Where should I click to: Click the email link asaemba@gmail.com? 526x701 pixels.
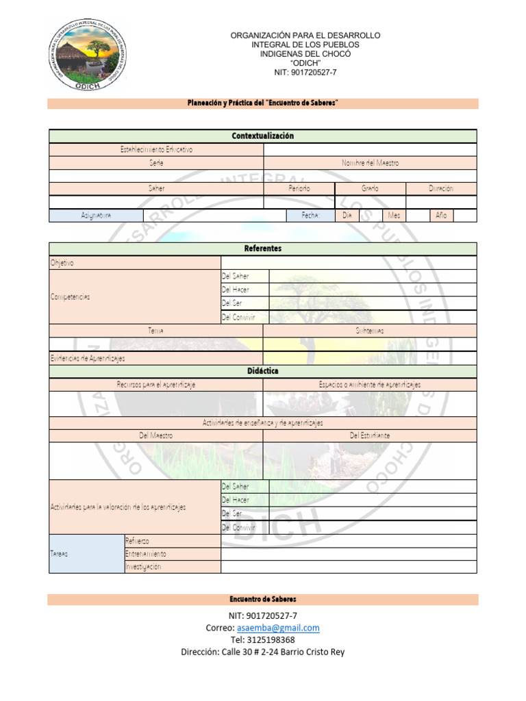pos(278,628)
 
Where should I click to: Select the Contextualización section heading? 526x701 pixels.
pos(262,136)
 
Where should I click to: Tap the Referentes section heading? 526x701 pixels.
pos(262,248)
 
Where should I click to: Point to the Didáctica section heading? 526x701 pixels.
pos(262,371)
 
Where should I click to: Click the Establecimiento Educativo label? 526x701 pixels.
pos(156,149)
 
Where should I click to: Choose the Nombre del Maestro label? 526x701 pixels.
pos(370,163)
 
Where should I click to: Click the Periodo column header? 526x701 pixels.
pos(299,188)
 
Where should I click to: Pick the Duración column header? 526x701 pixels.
pos(441,188)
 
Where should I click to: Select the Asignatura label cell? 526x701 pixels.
pos(95,215)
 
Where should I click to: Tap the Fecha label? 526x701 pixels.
pos(311,215)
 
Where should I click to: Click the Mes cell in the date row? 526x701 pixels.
pos(394,215)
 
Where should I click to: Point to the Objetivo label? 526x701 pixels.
pos(62,262)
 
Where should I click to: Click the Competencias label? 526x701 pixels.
pos(70,296)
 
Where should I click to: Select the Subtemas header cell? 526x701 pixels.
pos(370,331)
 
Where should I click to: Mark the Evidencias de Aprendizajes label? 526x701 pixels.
pos(88,358)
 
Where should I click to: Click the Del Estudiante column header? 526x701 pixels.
pos(370,435)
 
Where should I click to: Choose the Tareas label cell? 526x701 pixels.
pos(60,554)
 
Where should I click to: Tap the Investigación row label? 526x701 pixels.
pos(143,567)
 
